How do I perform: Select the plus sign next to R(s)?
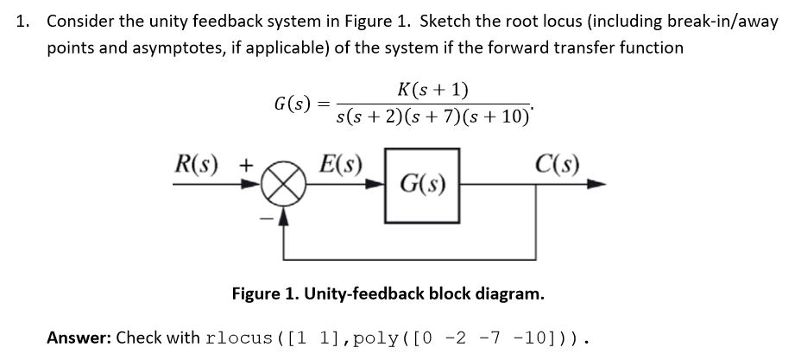245,163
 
